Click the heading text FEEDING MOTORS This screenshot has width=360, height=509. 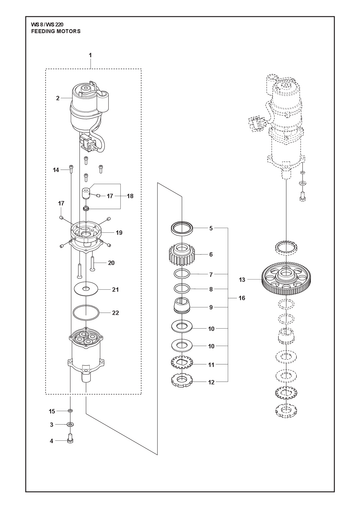(56, 31)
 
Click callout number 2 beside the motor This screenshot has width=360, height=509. (58, 98)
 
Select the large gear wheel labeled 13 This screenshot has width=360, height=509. (287, 279)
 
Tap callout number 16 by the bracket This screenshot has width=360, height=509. (242, 298)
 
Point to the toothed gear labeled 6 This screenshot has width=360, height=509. (182, 255)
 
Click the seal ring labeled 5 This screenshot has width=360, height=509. (182, 228)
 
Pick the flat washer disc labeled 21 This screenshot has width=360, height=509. (86, 289)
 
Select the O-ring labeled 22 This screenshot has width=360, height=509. (86, 313)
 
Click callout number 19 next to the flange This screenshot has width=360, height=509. (119, 233)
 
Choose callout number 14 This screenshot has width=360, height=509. (56, 170)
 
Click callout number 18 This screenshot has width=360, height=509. (130, 196)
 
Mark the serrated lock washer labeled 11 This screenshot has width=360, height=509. (182, 363)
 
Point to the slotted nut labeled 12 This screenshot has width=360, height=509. (182, 380)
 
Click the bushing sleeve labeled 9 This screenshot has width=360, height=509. (182, 305)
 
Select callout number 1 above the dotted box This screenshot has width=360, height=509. (90, 55)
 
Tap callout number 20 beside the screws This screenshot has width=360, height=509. (111, 263)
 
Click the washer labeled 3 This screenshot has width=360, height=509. (70, 425)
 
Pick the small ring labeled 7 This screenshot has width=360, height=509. (182, 274)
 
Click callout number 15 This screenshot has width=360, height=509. (52, 411)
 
